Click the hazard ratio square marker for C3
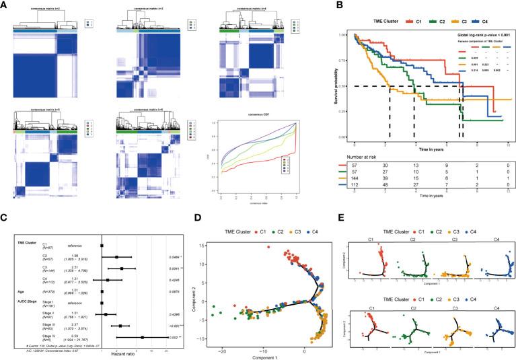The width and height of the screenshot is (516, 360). [122, 268]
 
